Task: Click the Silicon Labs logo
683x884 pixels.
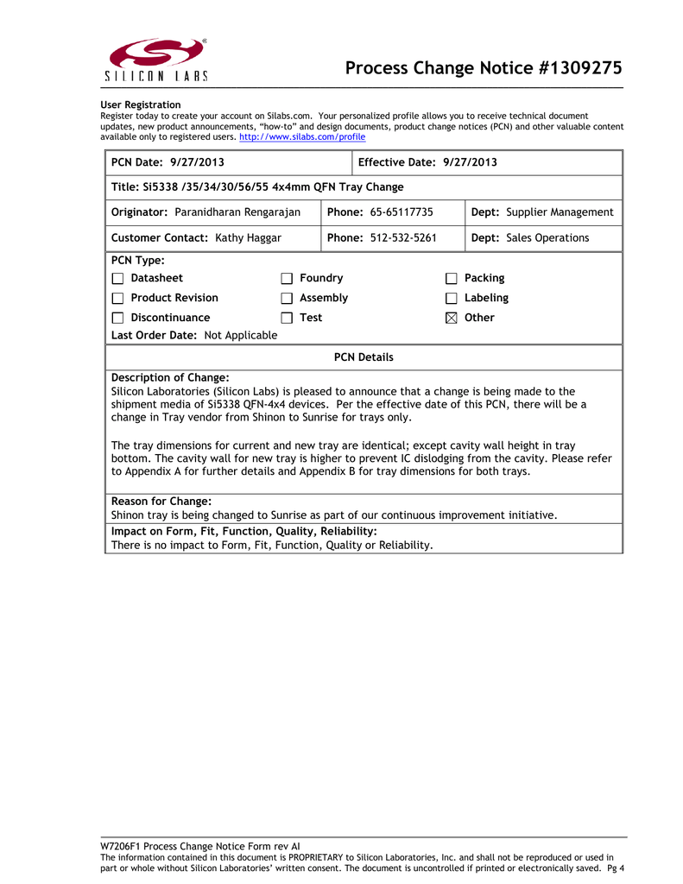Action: pyautogui.click(x=156, y=60)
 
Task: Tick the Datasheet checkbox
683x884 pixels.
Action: pyautogui.click(x=117, y=279)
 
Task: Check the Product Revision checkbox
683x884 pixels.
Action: pyautogui.click(x=117, y=299)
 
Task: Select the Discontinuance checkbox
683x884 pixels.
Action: pyautogui.click(x=117, y=319)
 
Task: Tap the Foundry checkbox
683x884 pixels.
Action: pyautogui.click(x=287, y=279)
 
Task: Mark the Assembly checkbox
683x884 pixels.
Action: pyautogui.click(x=287, y=299)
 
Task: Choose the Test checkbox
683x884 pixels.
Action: pyautogui.click(x=287, y=319)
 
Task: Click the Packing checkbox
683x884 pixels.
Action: pyautogui.click(x=451, y=279)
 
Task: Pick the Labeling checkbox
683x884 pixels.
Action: pyautogui.click(x=451, y=299)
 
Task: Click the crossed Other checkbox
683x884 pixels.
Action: pyautogui.click(x=451, y=319)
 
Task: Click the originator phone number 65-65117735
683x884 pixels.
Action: pyautogui.click(x=402, y=212)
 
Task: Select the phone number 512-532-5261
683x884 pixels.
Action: pyautogui.click(x=403, y=238)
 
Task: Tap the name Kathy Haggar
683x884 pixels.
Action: pyautogui.click(x=248, y=238)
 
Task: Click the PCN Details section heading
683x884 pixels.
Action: pyautogui.click(x=364, y=357)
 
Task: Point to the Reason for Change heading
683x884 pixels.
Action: pyautogui.click(x=161, y=502)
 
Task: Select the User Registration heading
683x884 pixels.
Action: pyautogui.click(x=141, y=105)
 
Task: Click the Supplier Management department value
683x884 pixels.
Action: pyautogui.click(x=560, y=212)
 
